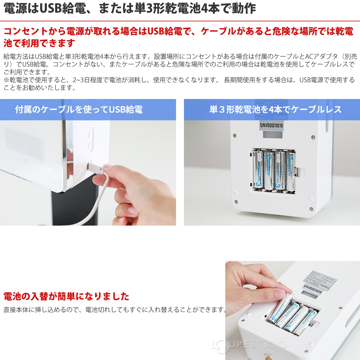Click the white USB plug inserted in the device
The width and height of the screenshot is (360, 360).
(95, 168)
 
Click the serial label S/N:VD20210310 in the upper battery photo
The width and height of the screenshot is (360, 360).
(271, 125)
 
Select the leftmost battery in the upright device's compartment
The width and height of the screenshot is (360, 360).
(258, 171)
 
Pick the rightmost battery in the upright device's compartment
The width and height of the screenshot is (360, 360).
(290, 172)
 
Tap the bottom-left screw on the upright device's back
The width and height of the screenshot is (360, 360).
(236, 201)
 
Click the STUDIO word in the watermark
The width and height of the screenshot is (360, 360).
(269, 345)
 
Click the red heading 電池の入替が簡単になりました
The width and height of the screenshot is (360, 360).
(66, 296)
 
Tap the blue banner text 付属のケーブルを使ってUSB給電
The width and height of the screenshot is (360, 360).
(79, 109)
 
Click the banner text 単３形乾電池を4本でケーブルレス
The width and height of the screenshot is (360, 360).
(275, 109)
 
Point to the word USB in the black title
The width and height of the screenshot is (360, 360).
(51, 9)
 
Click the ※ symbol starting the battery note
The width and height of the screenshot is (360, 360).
(7, 80)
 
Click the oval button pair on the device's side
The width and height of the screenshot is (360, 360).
(90, 139)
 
